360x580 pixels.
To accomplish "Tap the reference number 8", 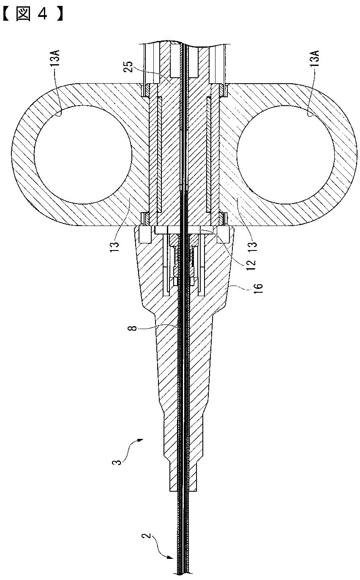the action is click(134, 326).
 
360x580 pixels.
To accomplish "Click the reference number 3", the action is click(119, 460).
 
